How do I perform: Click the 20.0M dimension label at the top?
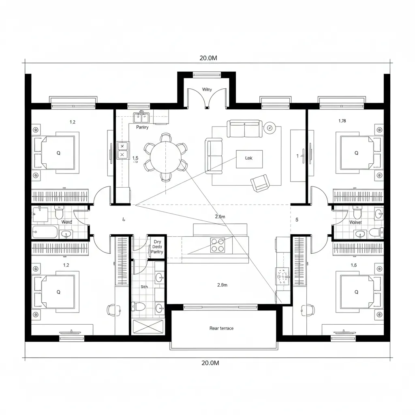point(208,58)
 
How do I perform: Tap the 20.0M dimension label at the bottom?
point(210,363)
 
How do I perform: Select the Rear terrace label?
point(221,328)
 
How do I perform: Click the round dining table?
point(165,157)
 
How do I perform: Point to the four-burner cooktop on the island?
point(218,245)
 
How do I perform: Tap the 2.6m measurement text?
point(220,217)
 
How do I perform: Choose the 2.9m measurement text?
point(222,285)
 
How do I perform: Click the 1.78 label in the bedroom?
point(342,120)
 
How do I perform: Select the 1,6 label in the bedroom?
point(353,265)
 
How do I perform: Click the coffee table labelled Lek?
point(249,158)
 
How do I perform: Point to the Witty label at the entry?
point(207,89)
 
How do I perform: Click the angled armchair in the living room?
point(259,183)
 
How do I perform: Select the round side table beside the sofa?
point(270,128)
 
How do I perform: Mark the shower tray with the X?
point(148,327)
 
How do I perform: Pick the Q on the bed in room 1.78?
point(356,153)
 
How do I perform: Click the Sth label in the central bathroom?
point(144,287)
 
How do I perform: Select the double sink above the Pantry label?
point(141,117)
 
